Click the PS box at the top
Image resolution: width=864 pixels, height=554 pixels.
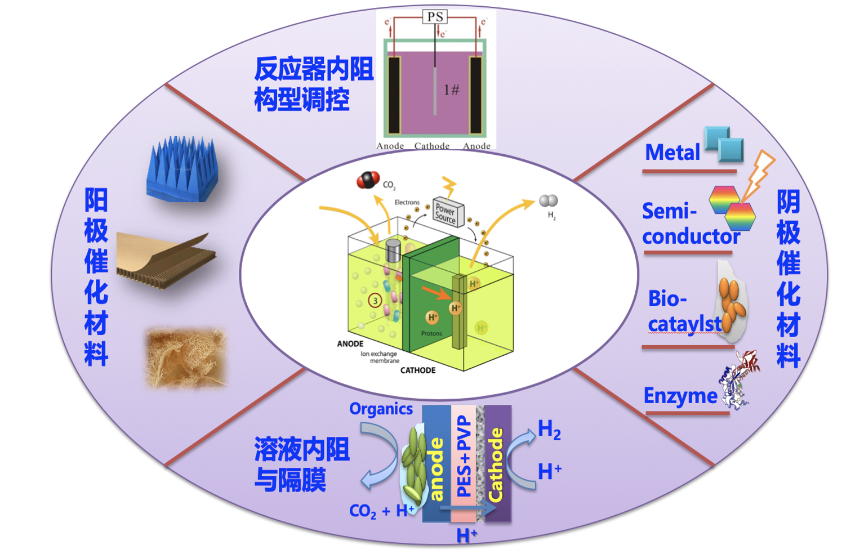coord(435,17)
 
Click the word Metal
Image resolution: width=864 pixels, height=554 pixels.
coord(673,153)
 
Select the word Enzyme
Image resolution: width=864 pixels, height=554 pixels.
coord(680,396)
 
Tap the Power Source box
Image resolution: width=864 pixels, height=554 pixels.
coord(448,213)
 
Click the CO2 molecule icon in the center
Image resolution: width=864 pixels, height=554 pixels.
coord(368,180)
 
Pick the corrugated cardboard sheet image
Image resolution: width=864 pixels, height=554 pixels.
coord(166,261)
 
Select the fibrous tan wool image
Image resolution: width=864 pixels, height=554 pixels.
coord(186,358)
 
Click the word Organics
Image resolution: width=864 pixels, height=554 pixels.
coord(381,409)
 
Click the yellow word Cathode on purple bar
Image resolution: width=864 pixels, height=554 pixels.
coord(496,464)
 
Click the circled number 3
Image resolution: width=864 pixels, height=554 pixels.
coord(375,301)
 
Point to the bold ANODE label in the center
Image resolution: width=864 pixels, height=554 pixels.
coord(350,343)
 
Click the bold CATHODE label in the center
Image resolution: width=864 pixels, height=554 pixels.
coord(418,370)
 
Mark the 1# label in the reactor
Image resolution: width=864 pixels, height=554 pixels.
coord(451,90)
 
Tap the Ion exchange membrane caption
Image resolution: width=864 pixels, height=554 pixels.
coord(380,357)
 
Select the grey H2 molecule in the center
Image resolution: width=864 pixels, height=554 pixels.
coord(548,201)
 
